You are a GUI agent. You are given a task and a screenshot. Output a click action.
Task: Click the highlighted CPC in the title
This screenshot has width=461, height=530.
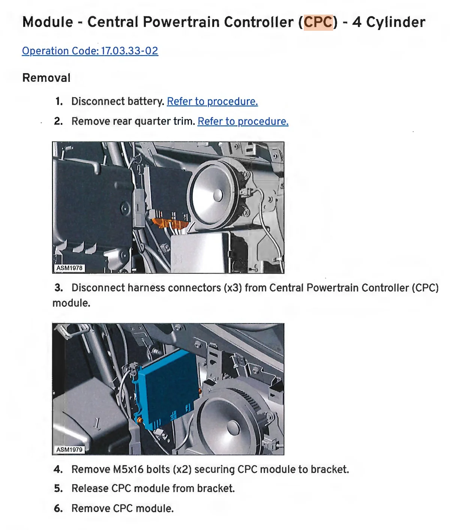click(x=318, y=22)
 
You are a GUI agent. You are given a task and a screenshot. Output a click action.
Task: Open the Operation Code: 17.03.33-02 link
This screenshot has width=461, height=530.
click(x=90, y=51)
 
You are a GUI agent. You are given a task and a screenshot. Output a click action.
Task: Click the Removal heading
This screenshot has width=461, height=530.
click(x=47, y=78)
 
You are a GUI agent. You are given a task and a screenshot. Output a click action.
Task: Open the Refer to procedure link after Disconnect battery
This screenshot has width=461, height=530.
click(x=212, y=102)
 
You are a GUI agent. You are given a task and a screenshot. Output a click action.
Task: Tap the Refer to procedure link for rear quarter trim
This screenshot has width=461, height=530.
click(x=243, y=121)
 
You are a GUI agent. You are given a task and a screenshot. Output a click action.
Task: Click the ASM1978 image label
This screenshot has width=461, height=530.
click(x=69, y=268)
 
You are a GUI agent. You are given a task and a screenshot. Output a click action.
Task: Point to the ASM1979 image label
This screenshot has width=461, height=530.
click(x=69, y=449)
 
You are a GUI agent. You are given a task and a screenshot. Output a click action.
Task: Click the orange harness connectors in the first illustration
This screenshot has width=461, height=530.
click(x=170, y=223)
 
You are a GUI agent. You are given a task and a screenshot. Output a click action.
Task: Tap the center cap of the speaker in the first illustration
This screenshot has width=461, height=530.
click(x=218, y=195)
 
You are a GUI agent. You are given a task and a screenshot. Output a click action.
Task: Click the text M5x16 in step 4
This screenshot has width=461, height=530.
click(x=128, y=469)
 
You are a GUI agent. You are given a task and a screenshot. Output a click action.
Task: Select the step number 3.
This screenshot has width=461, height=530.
click(x=59, y=288)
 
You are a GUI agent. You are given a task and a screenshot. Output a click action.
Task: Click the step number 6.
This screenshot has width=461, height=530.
click(x=58, y=508)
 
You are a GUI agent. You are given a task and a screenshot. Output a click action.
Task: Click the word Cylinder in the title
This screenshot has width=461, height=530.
click(x=395, y=22)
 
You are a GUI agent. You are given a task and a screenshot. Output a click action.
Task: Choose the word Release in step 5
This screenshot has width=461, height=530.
click(x=90, y=488)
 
